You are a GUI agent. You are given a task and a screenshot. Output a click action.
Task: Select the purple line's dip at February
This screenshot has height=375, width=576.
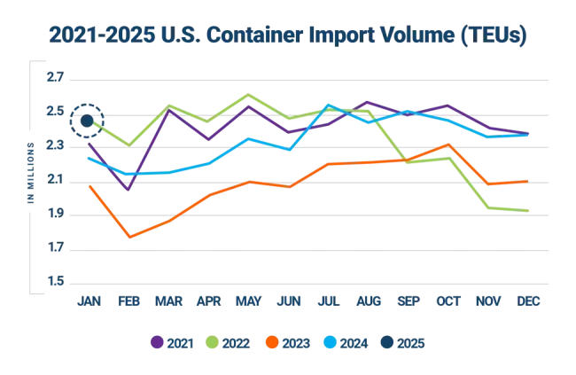pyautogui.click(x=129, y=188)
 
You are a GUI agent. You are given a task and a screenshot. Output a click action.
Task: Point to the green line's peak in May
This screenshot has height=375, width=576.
pyautogui.click(x=248, y=94)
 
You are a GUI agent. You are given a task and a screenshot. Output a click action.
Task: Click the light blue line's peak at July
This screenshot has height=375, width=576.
pyautogui.click(x=329, y=105)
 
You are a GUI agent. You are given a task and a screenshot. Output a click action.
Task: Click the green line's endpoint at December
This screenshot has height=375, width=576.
pyautogui.click(x=530, y=210)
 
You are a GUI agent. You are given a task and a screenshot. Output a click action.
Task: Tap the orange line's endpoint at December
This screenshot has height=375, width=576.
pyautogui.click(x=530, y=181)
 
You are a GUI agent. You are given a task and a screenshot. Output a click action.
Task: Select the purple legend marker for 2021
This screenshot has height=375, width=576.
pyautogui.click(x=157, y=341)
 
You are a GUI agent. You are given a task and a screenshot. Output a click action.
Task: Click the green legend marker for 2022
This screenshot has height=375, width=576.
pyautogui.click(x=214, y=341)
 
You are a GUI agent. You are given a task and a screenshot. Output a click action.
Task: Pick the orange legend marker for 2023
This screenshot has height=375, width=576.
pyautogui.click(x=274, y=341)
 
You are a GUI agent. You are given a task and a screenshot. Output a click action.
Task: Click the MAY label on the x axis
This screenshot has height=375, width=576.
pyautogui.click(x=248, y=301)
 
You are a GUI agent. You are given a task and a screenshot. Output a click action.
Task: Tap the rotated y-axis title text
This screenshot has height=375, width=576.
pyautogui.click(x=30, y=177)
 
